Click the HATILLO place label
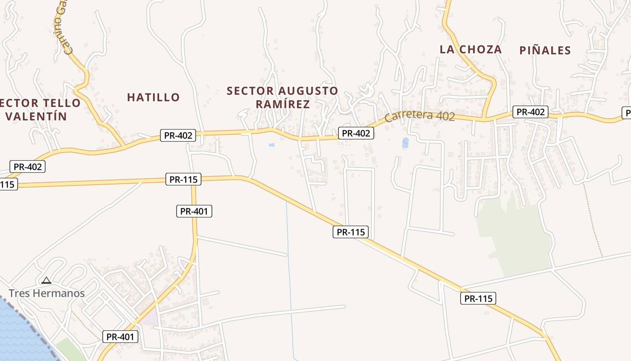153,97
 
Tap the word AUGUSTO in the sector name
307,91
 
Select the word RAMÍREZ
283,104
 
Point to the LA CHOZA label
471,50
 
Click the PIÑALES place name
545,50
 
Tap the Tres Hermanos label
46,293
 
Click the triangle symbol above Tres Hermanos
46,281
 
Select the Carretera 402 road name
419,116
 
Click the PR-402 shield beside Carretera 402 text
356,133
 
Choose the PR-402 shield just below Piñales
530,112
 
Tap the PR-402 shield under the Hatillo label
178,135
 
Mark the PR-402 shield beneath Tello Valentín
27,167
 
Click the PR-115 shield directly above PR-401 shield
183,179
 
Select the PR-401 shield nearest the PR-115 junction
194,211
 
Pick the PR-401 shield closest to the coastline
120,337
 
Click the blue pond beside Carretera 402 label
405,143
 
